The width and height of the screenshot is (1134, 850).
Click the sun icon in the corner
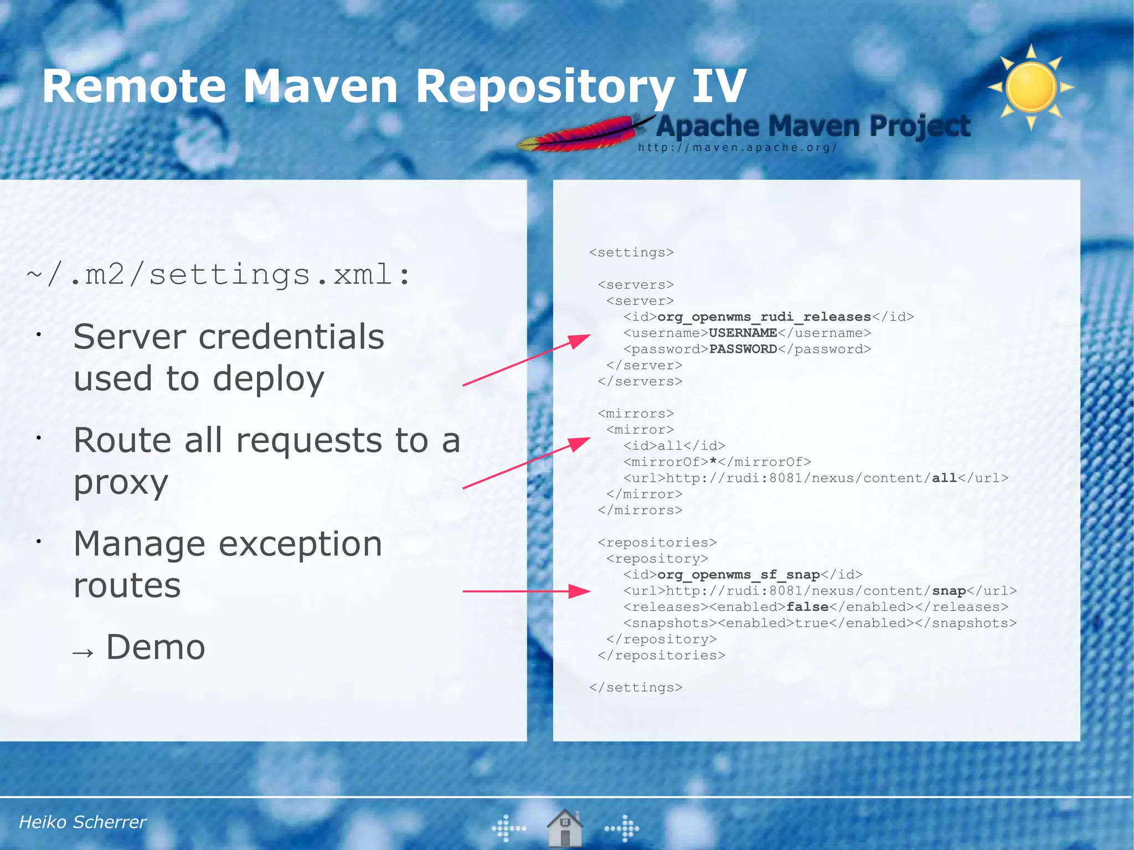click(1030, 87)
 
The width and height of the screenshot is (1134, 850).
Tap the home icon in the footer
click(564, 828)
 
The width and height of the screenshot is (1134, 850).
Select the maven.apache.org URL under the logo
click(737, 148)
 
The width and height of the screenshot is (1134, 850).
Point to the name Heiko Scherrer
click(83, 822)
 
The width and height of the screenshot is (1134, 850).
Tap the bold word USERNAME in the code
click(743, 333)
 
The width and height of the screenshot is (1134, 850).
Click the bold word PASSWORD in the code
click(743, 349)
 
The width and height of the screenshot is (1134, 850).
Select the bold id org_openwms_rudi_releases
click(764, 317)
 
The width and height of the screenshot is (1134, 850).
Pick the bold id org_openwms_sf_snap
click(738, 575)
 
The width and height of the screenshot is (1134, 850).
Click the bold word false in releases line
click(807, 607)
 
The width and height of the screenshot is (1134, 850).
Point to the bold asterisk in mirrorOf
click(713, 461)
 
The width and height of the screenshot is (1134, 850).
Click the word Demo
click(156, 647)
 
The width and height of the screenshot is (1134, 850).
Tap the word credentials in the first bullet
click(291, 337)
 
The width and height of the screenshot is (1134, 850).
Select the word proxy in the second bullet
click(121, 482)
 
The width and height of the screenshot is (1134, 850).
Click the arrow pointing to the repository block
click(526, 591)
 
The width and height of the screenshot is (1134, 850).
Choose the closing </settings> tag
click(636, 687)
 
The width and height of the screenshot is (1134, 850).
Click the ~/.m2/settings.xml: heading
click(219, 275)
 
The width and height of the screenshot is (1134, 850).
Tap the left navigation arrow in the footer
click(508, 828)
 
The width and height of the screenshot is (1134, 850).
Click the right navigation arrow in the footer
click(622, 828)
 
